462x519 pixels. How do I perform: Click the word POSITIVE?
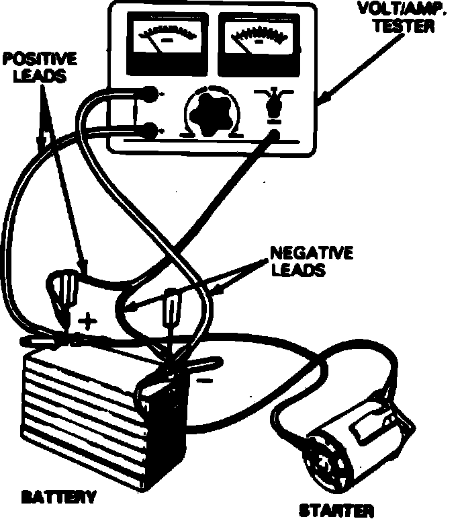click(40, 59)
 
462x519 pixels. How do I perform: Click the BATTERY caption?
click(58, 498)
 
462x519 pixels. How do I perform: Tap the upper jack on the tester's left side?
click(150, 94)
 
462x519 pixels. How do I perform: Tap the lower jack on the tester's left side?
click(152, 128)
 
